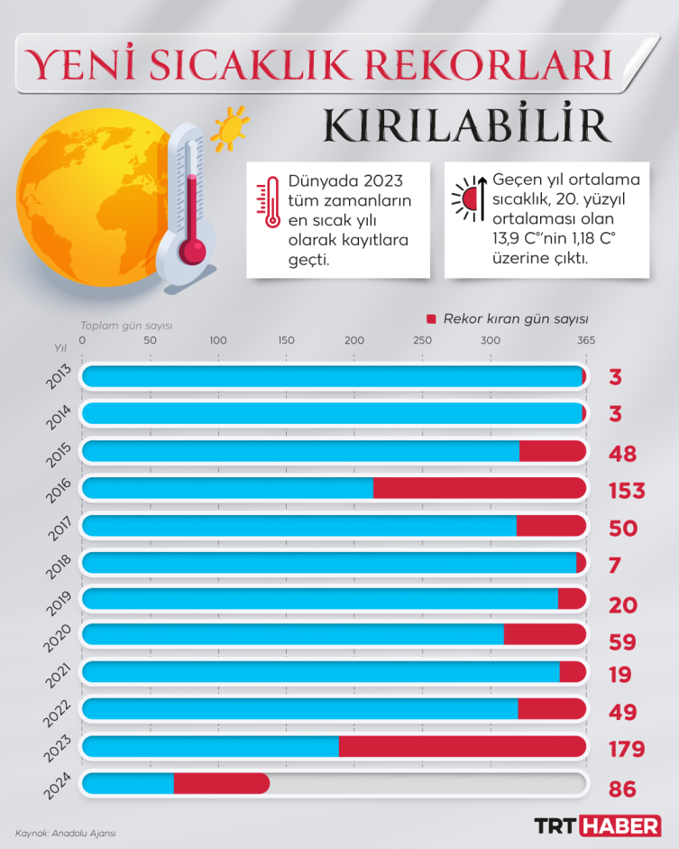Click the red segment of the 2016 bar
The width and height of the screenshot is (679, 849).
click(x=479, y=488)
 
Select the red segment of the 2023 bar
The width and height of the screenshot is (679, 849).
click(x=462, y=747)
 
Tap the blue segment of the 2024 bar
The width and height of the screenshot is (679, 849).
click(x=129, y=784)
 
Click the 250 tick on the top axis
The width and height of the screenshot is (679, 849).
click(x=421, y=340)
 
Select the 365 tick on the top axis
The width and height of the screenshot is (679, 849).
click(x=586, y=340)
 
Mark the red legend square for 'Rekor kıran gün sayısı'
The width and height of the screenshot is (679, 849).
click(x=431, y=319)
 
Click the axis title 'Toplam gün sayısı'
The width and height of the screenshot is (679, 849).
click(x=126, y=325)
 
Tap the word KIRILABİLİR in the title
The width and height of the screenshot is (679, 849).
click(x=467, y=126)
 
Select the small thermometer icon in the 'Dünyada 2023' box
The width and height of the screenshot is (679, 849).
click(x=266, y=200)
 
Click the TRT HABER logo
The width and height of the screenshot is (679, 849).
click(x=597, y=825)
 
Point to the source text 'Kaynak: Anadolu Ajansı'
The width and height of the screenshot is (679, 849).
click(x=66, y=833)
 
